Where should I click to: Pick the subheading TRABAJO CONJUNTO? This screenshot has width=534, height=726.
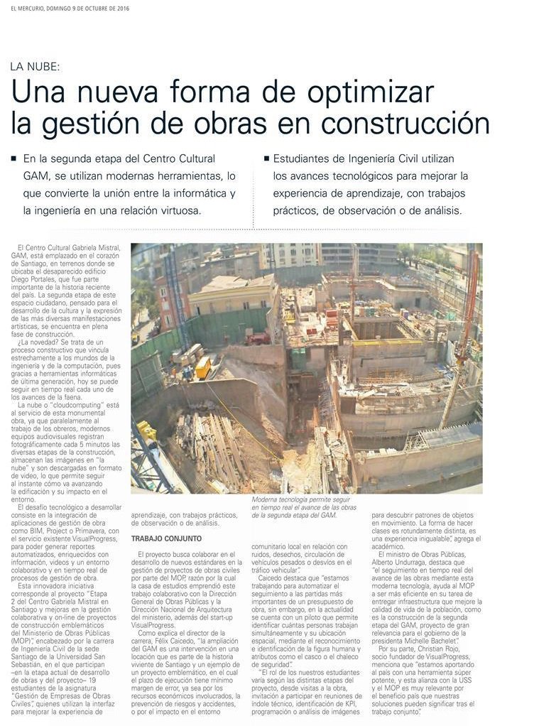click(166, 538)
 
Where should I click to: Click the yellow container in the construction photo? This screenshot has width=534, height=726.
click(203, 367)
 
